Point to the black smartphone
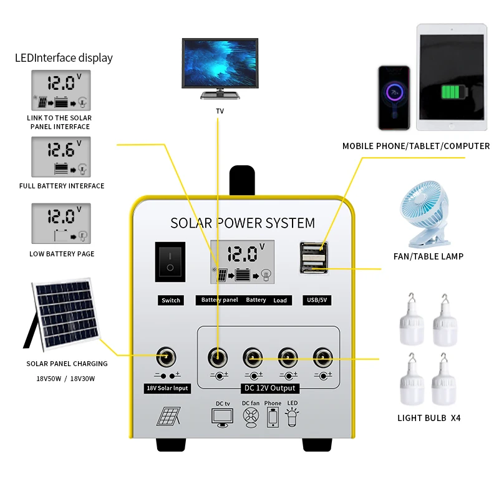tap(394, 97)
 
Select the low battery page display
tap(61, 223)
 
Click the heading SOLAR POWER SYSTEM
tap(243, 223)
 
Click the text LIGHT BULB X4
tap(429, 418)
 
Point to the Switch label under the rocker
tap(170, 300)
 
